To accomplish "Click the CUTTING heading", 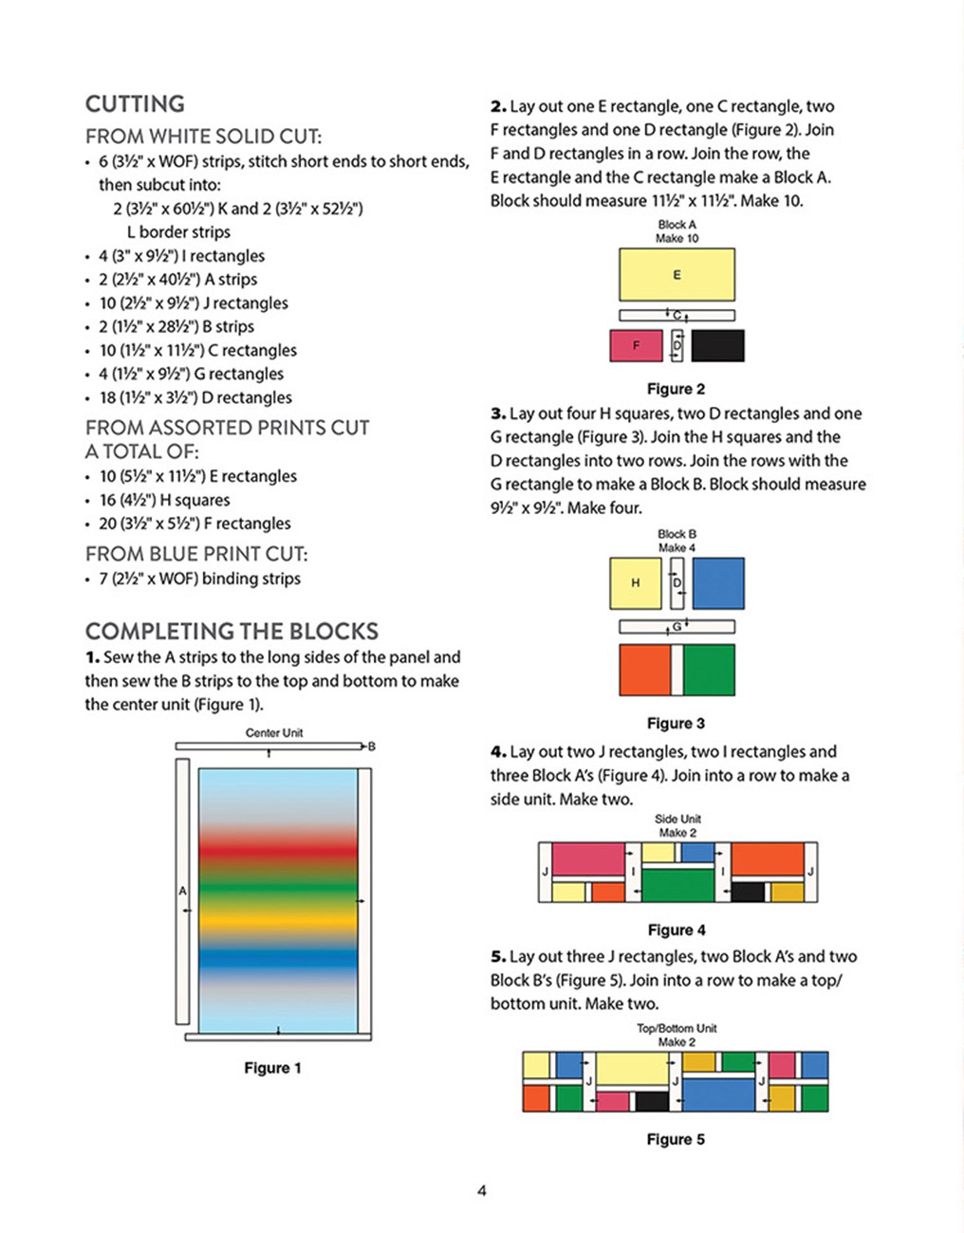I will [135, 104].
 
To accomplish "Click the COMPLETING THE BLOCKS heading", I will [232, 632].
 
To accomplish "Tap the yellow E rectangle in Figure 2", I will [677, 275].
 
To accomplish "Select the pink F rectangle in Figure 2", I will [636, 345].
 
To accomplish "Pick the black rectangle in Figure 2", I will [717, 345].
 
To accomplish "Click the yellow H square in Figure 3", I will [635, 582].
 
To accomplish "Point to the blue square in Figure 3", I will [718, 582].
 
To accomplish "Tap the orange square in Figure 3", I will [645, 670].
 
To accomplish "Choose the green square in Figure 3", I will [709, 670].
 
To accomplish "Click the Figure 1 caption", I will [272, 1068].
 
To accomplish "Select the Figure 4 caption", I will [676, 930].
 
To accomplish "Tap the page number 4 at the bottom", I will [482, 1190].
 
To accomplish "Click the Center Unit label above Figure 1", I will [274, 733].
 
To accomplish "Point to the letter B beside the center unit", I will [372, 746].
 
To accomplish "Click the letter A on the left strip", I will [183, 891].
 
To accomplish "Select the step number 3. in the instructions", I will [498, 414].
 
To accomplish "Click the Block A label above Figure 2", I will [677, 225].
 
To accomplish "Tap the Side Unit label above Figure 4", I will [677, 819].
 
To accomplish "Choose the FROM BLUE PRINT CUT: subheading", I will [196, 554].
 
